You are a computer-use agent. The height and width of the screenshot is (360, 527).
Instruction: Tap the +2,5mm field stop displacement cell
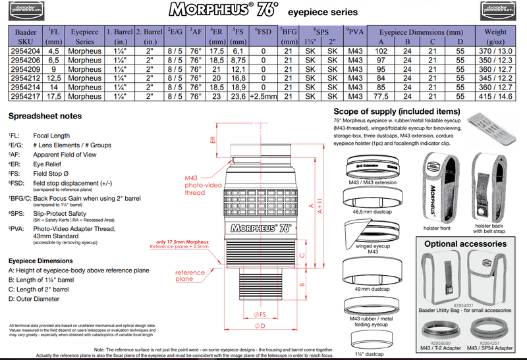(x=263, y=96)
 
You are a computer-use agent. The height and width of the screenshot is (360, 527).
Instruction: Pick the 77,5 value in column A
(x=381, y=96)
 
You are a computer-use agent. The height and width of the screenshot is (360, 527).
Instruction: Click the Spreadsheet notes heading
(x=45, y=116)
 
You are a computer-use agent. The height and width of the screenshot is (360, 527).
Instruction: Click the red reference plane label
(x=189, y=276)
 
